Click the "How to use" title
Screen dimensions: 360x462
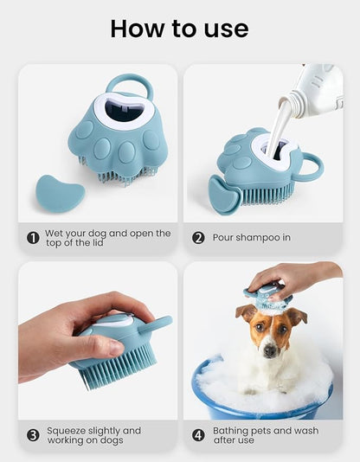pos(179,29)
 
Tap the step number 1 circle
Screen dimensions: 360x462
pos(33,238)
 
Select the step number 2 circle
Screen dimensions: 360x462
pos(198,238)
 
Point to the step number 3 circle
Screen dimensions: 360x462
pos(33,435)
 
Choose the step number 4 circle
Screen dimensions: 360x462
pos(198,435)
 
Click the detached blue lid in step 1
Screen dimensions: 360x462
pos(60,194)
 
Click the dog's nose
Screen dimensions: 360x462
pos(270,350)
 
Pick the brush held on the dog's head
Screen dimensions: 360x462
pos(267,298)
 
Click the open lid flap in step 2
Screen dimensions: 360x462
pos(224,195)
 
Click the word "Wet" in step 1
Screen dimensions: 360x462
pos(54,233)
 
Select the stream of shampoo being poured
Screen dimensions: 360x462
pos(277,127)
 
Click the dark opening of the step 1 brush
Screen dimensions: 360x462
pos(125,111)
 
